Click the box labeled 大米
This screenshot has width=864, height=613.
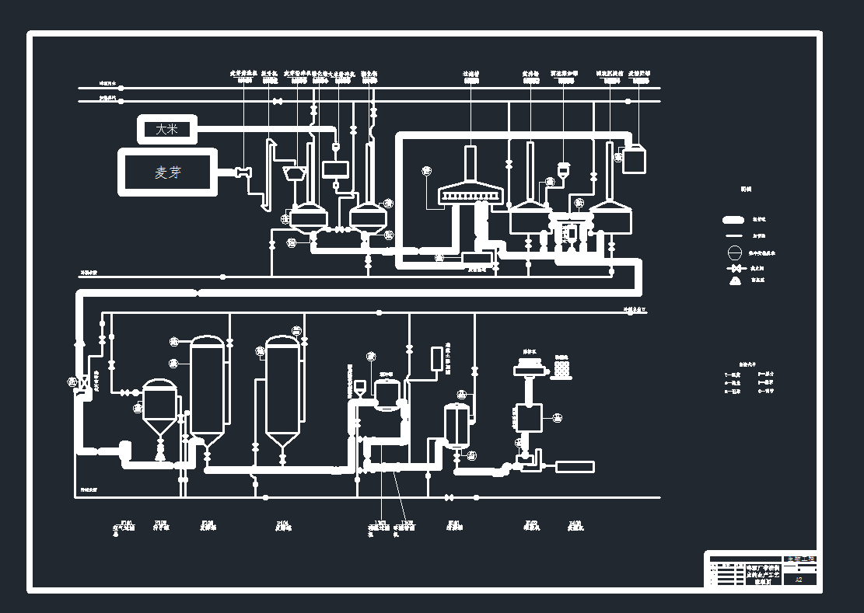[x=167, y=129]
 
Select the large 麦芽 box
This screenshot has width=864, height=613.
[x=168, y=172]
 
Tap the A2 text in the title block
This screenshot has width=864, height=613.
[x=799, y=579]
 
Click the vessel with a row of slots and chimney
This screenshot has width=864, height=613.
[x=470, y=190]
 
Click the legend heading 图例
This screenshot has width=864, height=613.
[x=746, y=189]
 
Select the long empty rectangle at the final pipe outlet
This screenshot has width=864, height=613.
[x=574, y=467]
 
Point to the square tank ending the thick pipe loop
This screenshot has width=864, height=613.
[x=634, y=159]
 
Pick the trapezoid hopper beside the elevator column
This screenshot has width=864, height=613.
[x=294, y=171]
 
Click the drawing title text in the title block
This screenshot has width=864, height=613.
[x=762, y=574]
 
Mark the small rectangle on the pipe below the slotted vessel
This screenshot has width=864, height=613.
[x=477, y=258]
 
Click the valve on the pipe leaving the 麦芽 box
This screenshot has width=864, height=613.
[x=243, y=172]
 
